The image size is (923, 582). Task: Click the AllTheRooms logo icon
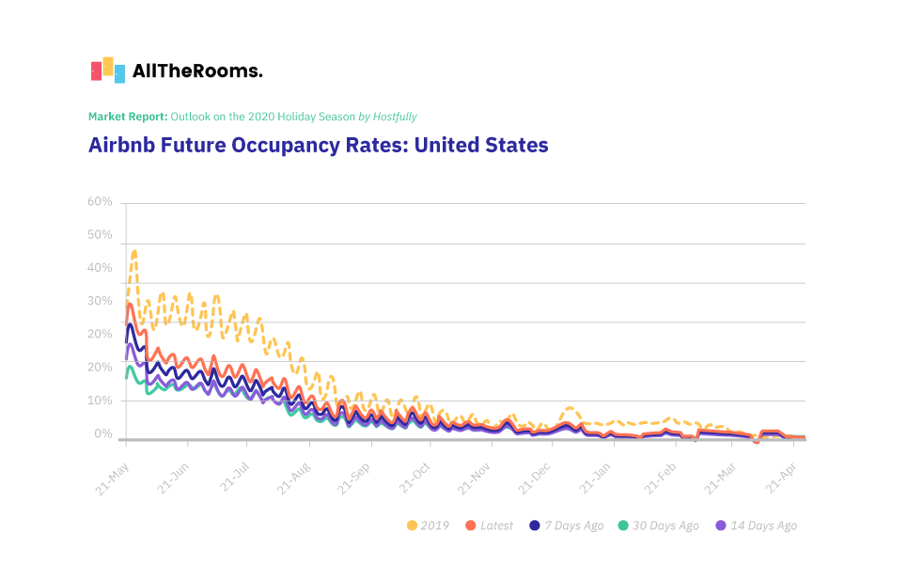108,70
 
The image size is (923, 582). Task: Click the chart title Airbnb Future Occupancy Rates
318,146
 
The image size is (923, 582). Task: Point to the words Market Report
128,117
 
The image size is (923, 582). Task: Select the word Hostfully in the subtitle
395,117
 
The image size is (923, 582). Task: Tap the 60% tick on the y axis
100,202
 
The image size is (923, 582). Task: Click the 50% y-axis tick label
100,235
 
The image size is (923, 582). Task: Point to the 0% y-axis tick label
103,433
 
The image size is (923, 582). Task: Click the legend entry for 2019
428,526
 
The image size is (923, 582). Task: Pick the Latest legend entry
490,526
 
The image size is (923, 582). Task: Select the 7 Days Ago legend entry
567,526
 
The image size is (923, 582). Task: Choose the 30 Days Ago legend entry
662,526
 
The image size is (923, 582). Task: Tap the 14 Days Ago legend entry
757,526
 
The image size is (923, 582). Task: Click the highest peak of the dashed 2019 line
134,251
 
